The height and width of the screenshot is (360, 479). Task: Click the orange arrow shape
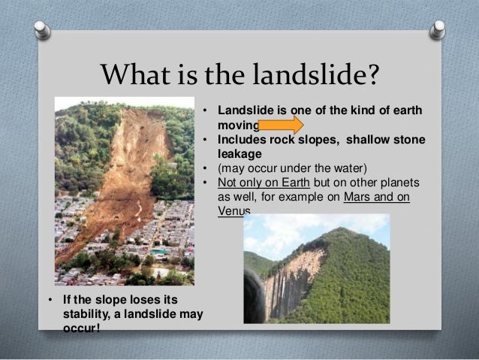tap(281, 125)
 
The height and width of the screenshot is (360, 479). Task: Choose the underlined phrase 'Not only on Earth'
tap(257, 183)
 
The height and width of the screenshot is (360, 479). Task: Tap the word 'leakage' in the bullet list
tap(237, 153)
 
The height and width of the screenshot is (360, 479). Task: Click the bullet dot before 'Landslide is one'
tap(205, 112)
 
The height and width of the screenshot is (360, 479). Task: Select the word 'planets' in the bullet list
tap(402, 183)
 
